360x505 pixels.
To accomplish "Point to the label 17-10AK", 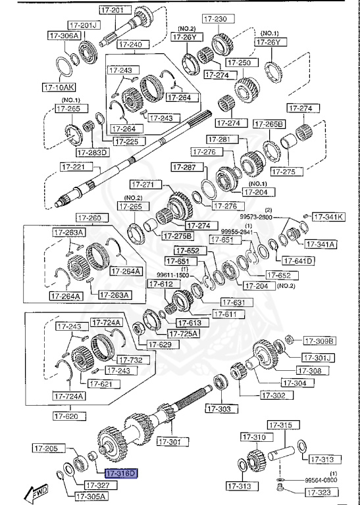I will pos(59,86).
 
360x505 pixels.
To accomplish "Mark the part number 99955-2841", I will pos(236,231).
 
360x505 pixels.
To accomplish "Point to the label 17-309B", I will pos(319,341).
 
